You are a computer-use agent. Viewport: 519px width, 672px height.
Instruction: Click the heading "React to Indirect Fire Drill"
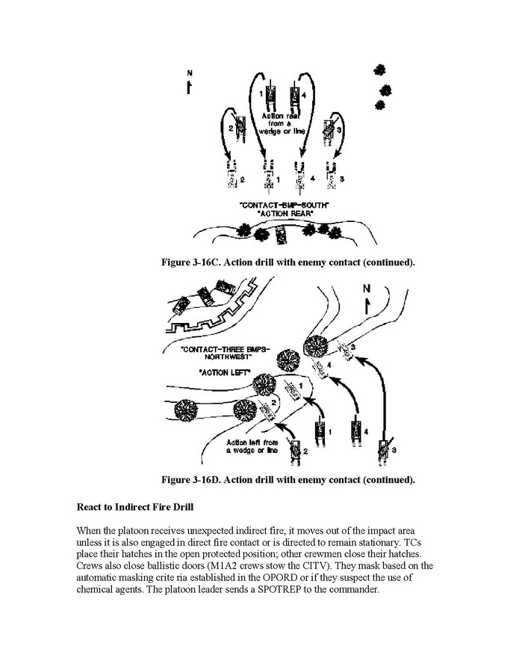pyautogui.click(x=134, y=506)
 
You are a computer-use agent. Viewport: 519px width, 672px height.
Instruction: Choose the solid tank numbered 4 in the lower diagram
pyautogui.click(x=354, y=431)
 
